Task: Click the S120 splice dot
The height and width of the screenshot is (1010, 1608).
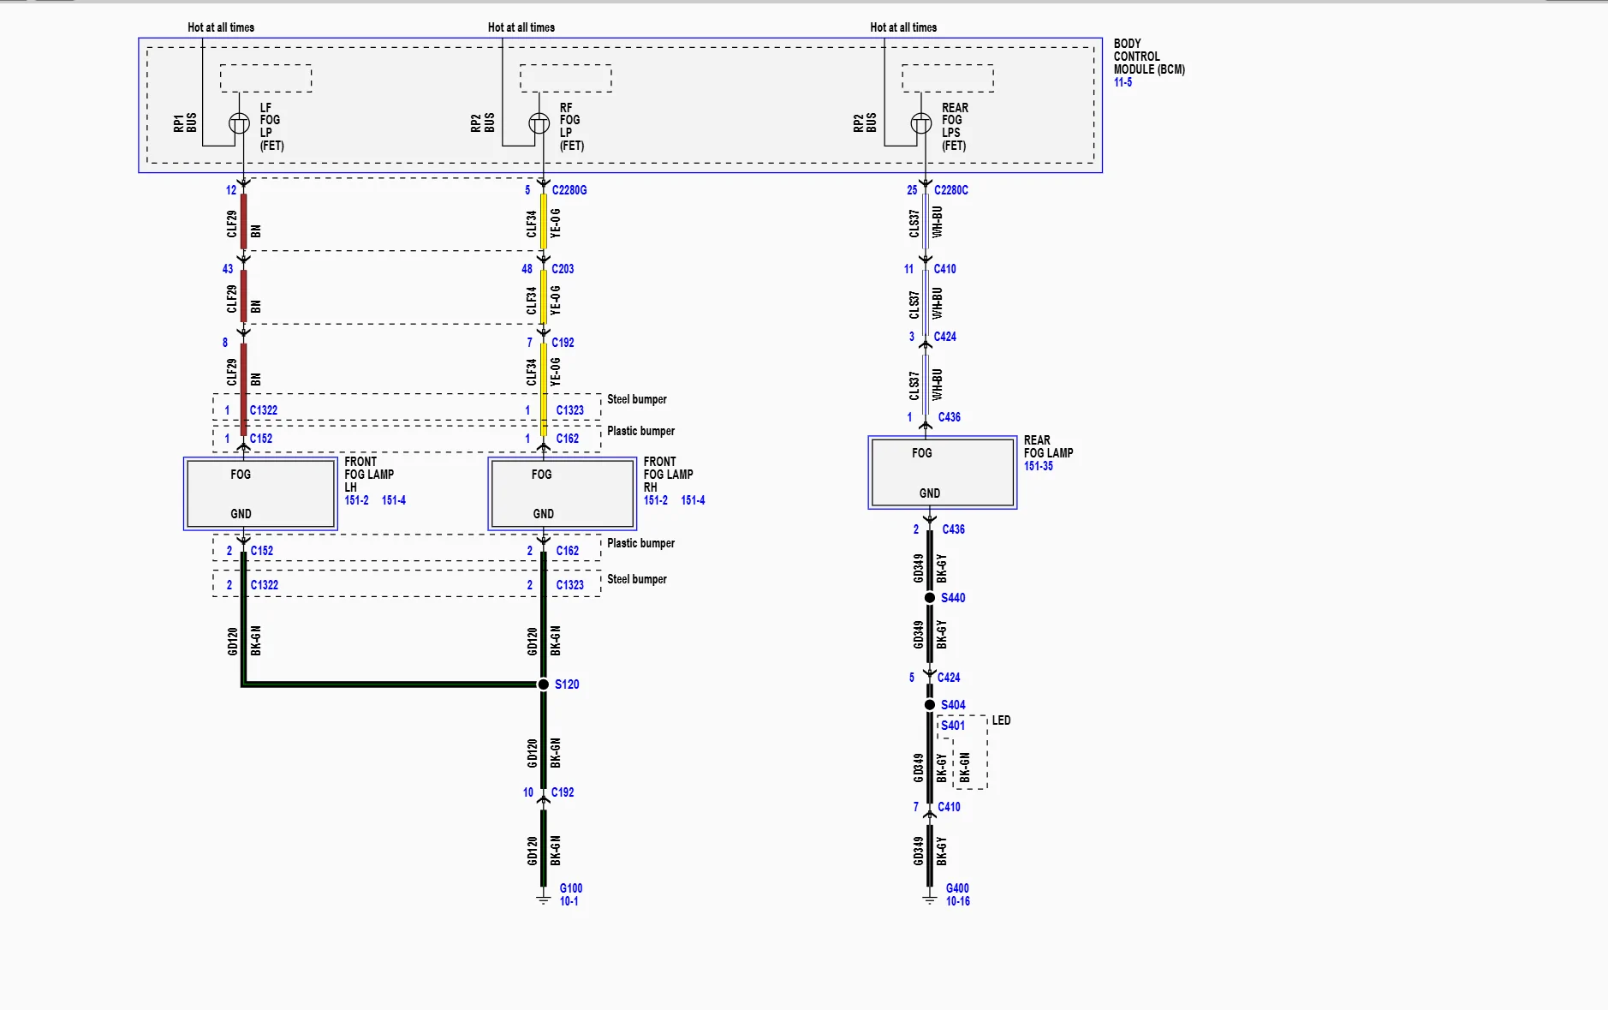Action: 543,684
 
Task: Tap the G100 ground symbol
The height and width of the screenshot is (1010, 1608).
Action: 543,898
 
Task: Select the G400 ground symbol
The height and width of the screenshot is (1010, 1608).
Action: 929,898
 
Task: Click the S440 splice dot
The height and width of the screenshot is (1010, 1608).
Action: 929,597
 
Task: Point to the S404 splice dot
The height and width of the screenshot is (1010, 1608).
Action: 929,704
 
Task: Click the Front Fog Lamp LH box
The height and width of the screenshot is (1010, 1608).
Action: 260,493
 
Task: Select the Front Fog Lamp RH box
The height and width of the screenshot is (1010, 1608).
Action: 562,493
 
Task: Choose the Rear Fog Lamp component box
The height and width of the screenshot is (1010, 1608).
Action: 942,472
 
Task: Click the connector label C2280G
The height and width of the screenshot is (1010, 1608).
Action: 569,190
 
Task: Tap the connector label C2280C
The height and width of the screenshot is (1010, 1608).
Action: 951,190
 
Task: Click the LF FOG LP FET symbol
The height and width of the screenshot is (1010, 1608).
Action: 240,124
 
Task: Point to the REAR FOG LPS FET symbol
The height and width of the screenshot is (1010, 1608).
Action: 921,124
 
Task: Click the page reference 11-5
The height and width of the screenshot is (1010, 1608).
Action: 1123,82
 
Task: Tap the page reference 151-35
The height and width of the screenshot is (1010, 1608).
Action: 1039,466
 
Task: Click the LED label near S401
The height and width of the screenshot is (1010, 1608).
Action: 1001,720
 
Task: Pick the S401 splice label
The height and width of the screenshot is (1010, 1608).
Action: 953,726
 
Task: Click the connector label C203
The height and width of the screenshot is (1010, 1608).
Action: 563,269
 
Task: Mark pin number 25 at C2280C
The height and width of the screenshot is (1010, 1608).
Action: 912,190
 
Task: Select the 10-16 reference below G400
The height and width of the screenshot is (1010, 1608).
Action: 958,901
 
